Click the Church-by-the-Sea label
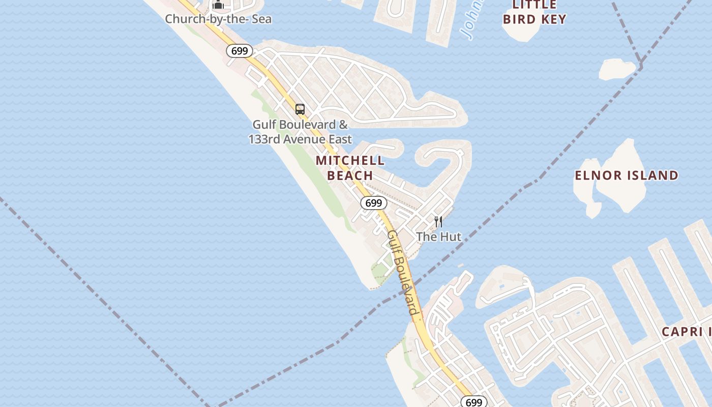pyautogui.click(x=218, y=19)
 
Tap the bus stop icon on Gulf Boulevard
pyautogui.click(x=300, y=109)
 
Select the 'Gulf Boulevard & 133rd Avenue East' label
pyautogui.click(x=300, y=132)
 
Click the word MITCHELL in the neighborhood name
pyautogui.click(x=350, y=161)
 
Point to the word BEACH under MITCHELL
pyautogui.click(x=350, y=176)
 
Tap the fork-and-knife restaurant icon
pyautogui.click(x=438, y=221)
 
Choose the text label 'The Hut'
pyautogui.click(x=438, y=237)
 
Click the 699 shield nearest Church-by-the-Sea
pyautogui.click(x=240, y=51)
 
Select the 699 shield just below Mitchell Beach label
pyautogui.click(x=374, y=203)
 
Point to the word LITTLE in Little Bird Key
pyautogui.click(x=535, y=5)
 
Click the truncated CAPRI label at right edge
pyautogui.click(x=686, y=332)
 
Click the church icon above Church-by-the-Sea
pyautogui.click(x=218, y=5)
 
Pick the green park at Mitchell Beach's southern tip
pyautogui.click(x=381, y=272)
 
